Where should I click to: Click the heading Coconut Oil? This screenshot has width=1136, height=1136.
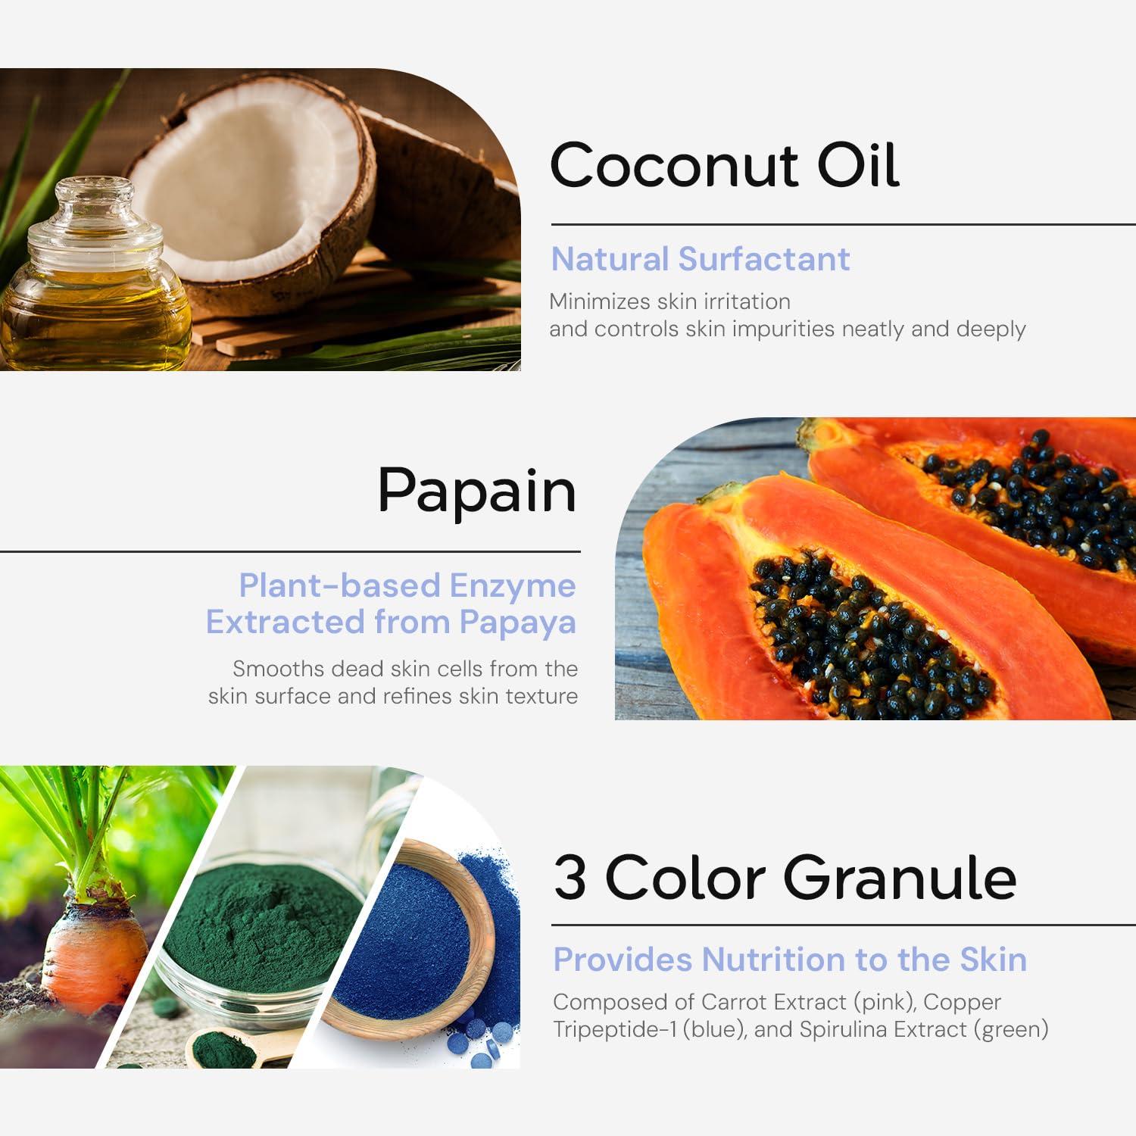point(724,164)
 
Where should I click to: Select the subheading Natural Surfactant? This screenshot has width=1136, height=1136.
point(701,259)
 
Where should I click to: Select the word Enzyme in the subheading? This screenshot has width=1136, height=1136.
point(513,586)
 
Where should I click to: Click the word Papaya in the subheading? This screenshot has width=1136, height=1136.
point(518,623)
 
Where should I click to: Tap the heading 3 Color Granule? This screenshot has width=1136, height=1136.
point(785,879)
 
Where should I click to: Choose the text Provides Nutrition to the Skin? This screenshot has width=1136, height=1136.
point(790,960)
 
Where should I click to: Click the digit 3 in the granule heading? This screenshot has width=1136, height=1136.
point(570,879)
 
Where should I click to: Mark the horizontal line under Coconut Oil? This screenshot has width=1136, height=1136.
point(844,224)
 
